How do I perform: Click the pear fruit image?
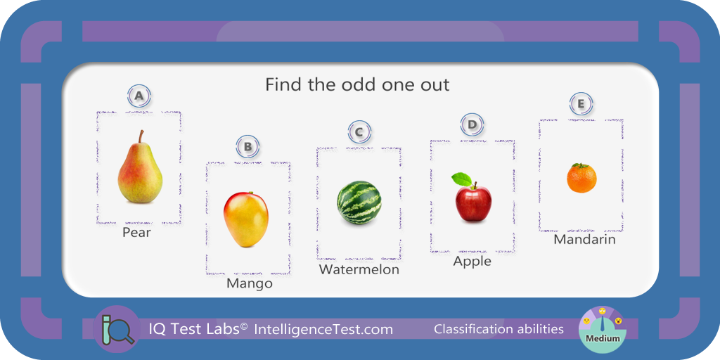pyautogui.click(x=140, y=170)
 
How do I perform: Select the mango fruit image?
pyautogui.click(x=245, y=219)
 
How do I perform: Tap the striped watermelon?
pyautogui.click(x=359, y=202)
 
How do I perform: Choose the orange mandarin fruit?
pyautogui.click(x=581, y=178)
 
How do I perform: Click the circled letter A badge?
pyautogui.click(x=139, y=96)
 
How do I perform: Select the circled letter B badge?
pyautogui.click(x=248, y=147)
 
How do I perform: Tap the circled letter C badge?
pyautogui.click(x=359, y=132)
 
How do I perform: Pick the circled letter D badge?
pyautogui.click(x=472, y=124)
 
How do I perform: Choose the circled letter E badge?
pyautogui.click(x=581, y=104)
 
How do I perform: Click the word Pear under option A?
pyautogui.click(x=136, y=232)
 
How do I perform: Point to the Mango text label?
pyautogui.click(x=250, y=284)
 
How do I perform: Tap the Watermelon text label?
pyautogui.click(x=359, y=269)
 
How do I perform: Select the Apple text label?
pyautogui.click(x=472, y=262)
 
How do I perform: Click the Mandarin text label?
pyautogui.click(x=584, y=239)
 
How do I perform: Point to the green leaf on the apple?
pyautogui.click(x=461, y=179)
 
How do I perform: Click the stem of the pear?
pyautogui.click(x=142, y=136)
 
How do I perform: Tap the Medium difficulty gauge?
pyautogui.click(x=602, y=329)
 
